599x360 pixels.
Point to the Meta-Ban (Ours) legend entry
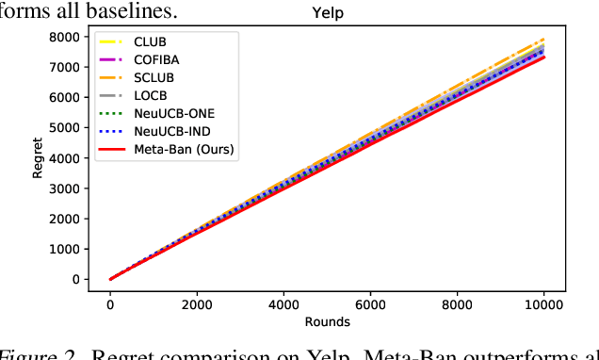(183, 149)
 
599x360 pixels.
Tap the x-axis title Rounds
(328, 322)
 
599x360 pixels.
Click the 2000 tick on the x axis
(197, 303)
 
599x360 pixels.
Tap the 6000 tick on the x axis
(370, 303)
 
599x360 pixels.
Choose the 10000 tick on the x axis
(544, 303)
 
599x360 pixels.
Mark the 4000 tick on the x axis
(283, 303)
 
